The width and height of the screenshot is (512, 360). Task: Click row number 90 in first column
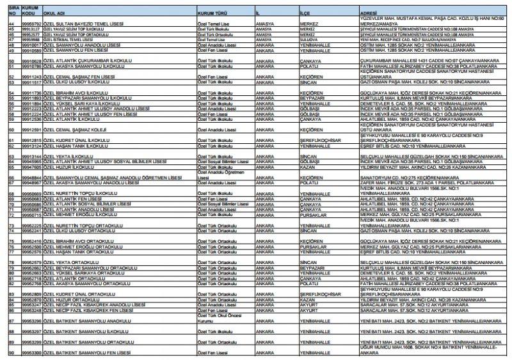point(10,352)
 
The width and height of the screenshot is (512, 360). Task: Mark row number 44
point(10,24)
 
